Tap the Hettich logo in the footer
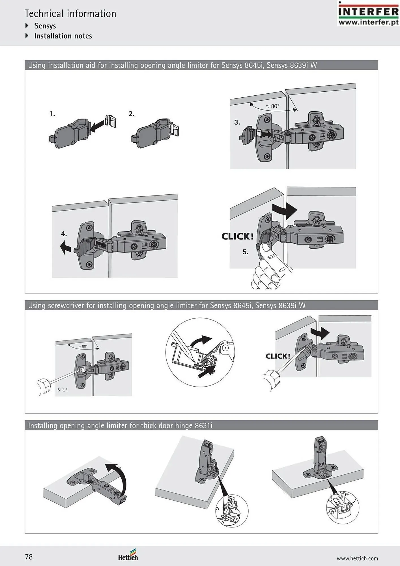click(x=128, y=555)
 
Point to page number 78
click(x=29, y=557)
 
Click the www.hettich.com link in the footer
click(x=357, y=558)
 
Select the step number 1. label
click(x=52, y=114)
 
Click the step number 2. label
click(x=132, y=114)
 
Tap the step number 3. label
click(x=237, y=122)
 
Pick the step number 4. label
click(x=64, y=234)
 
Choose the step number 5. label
click(x=245, y=252)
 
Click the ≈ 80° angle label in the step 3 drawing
click(x=272, y=106)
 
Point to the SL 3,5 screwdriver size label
click(x=63, y=390)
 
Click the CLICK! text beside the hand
click(x=237, y=236)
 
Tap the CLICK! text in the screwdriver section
click(x=278, y=356)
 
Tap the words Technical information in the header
click(x=70, y=14)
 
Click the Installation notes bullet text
click(x=63, y=36)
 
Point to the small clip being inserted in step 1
click(x=110, y=121)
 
